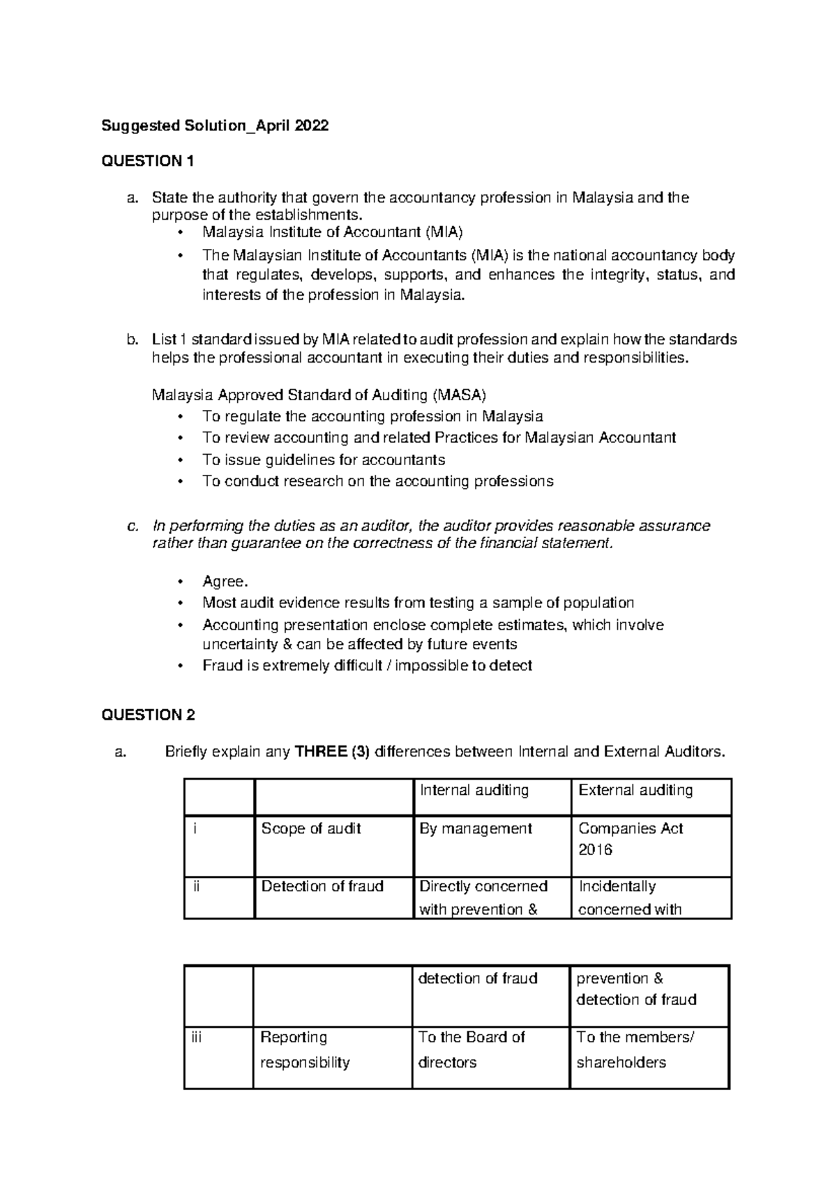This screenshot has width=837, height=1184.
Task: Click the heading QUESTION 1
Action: pos(147,162)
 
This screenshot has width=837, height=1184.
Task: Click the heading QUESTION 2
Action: pos(148,715)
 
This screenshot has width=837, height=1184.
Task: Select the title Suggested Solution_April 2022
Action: pos(215,126)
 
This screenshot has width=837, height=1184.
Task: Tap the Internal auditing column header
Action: pos(474,790)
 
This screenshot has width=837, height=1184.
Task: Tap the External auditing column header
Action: pos(635,790)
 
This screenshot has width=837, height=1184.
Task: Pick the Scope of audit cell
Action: pos(311,828)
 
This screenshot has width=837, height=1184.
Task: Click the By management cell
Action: pos(475,828)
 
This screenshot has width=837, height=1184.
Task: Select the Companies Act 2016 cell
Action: pos(631,838)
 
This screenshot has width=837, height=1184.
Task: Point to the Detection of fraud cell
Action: pos(322,886)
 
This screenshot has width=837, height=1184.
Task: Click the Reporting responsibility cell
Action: pos(304,1049)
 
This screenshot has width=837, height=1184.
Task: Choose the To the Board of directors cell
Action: pos(471,1049)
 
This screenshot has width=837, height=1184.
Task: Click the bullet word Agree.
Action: pos(225,582)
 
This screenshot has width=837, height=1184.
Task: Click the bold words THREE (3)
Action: pos(332,752)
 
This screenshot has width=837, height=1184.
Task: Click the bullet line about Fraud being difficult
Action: pos(367,665)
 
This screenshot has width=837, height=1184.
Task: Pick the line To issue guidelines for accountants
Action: pos(324,460)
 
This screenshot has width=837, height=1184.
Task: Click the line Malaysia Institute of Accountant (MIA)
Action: pos(332,232)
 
